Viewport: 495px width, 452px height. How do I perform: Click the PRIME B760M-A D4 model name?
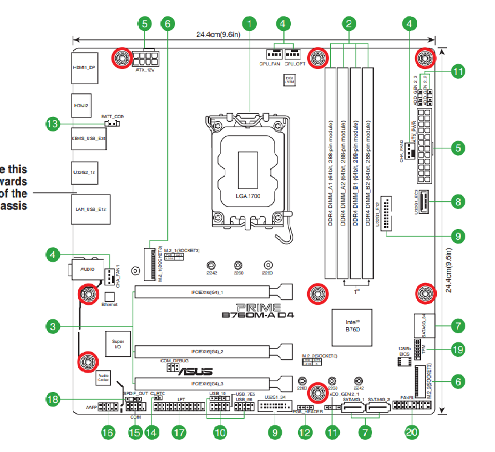click(258, 311)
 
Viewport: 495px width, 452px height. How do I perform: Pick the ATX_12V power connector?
click(148, 58)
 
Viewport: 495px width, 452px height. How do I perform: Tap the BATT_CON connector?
click(113, 124)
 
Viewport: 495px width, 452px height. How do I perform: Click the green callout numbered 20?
click(412, 432)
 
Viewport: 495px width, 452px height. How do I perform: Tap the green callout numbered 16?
click(107, 432)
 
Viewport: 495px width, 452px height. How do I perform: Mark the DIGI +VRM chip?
click(290, 79)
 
